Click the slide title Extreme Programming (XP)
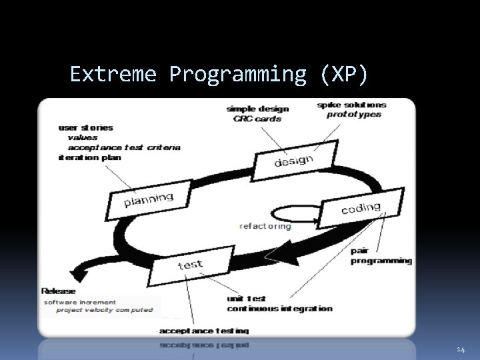(219, 74)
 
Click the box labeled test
(190, 264)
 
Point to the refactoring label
(265, 226)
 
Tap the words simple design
(257, 109)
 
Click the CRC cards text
(257, 119)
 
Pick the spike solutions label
(351, 105)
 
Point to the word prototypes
(354, 114)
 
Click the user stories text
(86, 127)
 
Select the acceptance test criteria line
(123, 147)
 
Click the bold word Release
(59, 291)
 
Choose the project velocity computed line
(104, 310)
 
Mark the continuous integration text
(279, 309)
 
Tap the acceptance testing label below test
(204, 331)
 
